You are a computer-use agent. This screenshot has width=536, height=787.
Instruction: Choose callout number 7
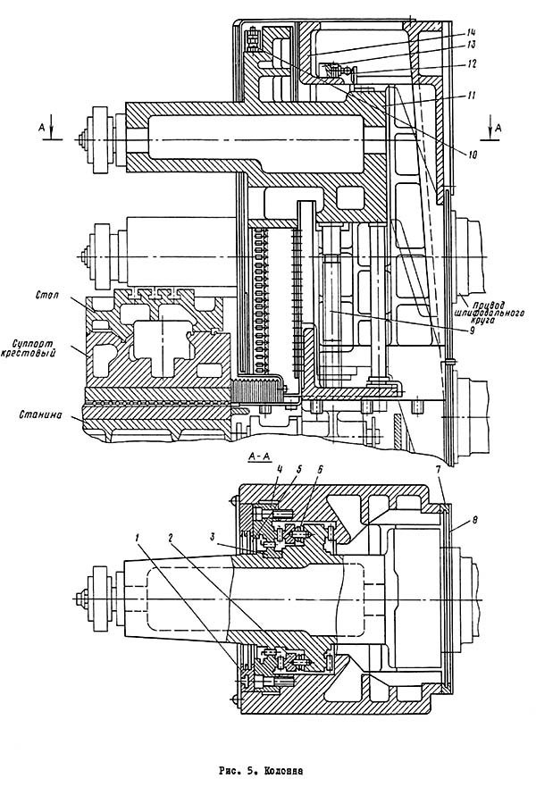click(439, 468)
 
